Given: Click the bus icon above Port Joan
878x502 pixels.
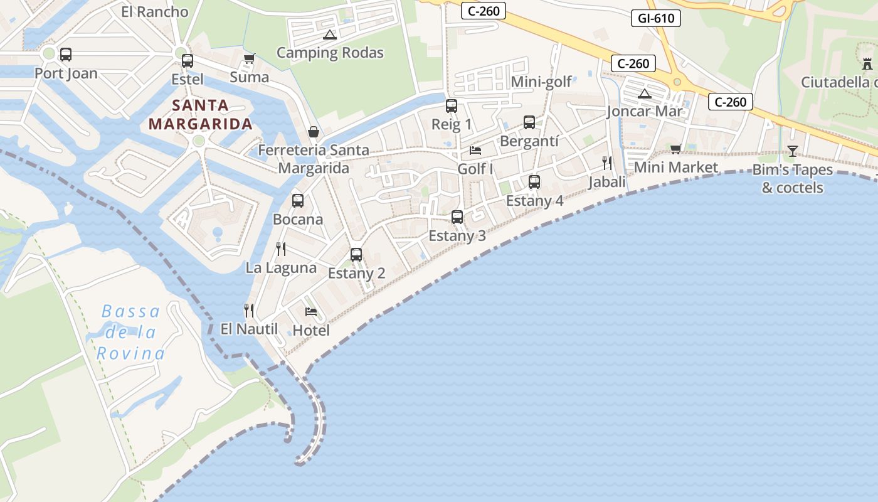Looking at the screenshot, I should (x=66, y=55).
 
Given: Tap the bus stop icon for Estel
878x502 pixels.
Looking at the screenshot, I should (x=188, y=61).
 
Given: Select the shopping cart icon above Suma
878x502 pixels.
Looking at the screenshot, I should (x=249, y=59).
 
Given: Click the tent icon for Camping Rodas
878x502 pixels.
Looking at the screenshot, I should (x=330, y=35).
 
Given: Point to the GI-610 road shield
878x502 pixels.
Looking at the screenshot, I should (x=656, y=18).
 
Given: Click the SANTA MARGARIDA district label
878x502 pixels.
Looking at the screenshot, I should (x=201, y=114).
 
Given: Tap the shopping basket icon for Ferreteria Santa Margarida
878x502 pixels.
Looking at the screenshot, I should (x=314, y=132).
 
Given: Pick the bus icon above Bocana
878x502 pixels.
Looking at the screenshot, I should (x=298, y=201).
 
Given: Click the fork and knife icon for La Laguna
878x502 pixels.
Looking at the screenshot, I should (x=281, y=249).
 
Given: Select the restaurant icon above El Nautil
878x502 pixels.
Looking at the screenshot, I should (x=249, y=310).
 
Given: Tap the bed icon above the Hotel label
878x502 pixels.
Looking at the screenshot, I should (x=311, y=311).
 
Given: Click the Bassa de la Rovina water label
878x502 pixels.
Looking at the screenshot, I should (x=130, y=333).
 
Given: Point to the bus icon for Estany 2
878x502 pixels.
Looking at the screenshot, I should (x=356, y=255).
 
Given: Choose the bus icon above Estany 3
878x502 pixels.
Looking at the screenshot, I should (x=457, y=217).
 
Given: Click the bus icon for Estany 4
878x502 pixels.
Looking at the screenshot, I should (x=534, y=182).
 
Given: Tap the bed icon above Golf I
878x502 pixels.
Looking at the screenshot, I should (x=475, y=151).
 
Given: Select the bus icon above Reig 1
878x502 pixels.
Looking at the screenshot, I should (x=452, y=106).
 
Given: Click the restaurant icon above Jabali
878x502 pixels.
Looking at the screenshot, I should (x=607, y=163).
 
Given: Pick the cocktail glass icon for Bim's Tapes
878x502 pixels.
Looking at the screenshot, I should (x=793, y=151).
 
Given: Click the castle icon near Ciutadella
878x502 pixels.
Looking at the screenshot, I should (x=868, y=63).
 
